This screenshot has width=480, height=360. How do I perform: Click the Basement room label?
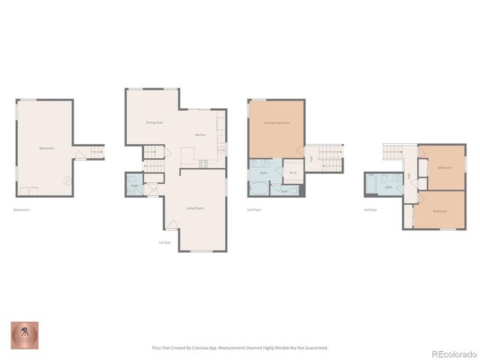[x=46, y=148]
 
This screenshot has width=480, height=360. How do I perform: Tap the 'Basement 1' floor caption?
[x=22, y=209]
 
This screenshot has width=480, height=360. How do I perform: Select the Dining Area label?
[x=154, y=122]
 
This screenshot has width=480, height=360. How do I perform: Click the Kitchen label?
[x=200, y=135]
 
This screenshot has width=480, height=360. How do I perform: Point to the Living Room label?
[x=195, y=208]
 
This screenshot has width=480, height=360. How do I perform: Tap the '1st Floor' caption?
[x=164, y=242]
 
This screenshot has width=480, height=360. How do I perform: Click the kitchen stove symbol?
[x=203, y=164]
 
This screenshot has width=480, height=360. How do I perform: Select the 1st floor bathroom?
[x=134, y=184]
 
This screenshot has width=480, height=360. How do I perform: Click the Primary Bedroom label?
[x=277, y=122]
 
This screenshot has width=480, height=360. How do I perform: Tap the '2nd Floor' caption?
[x=254, y=209]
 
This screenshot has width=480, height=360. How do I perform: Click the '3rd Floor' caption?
[x=370, y=209]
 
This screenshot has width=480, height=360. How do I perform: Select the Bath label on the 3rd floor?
[x=388, y=187]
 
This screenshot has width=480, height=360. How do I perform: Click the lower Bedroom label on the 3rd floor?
[x=440, y=211]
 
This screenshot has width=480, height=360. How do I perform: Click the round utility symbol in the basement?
[x=66, y=180]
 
